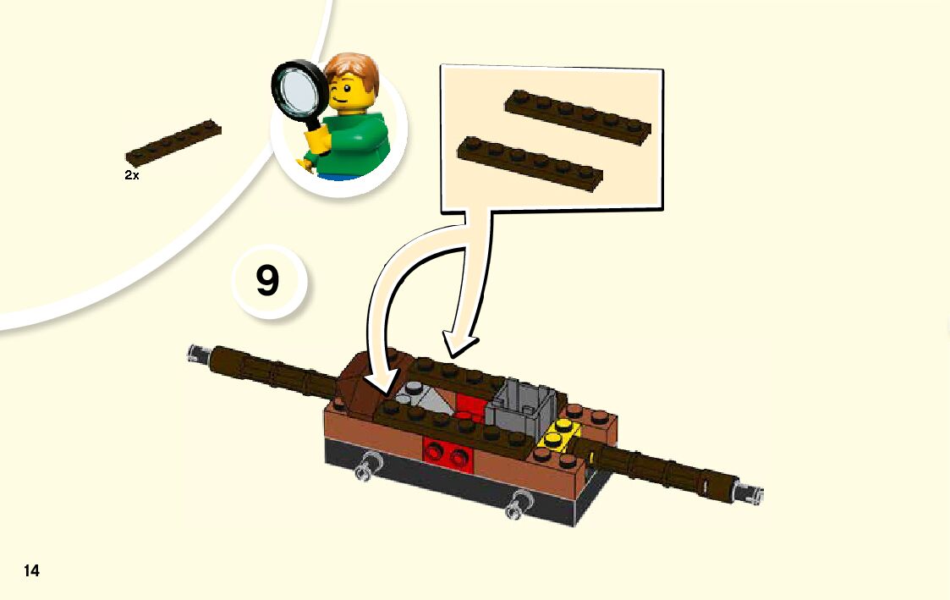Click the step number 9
(268, 280)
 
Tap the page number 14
(31, 570)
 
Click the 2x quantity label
(131, 175)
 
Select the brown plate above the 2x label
(173, 143)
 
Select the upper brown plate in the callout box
(578, 117)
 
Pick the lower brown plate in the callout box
(530, 163)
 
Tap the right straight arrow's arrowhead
(459, 344)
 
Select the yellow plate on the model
(558, 434)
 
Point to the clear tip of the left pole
(198, 354)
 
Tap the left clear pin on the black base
(365, 467)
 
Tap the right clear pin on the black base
(519, 505)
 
